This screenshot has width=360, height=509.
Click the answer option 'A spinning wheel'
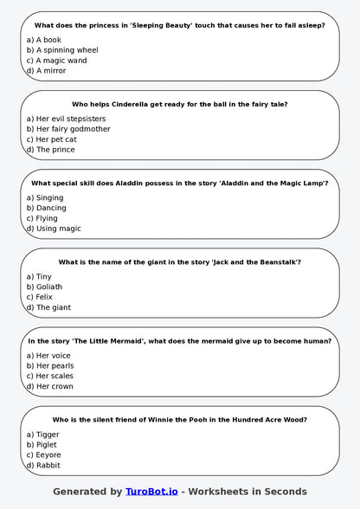[61, 50]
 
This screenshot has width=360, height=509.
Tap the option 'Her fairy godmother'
[67, 129]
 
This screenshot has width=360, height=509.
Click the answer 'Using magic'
[53, 229]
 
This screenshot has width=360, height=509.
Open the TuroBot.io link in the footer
[151, 492]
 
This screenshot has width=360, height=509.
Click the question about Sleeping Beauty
[179, 26]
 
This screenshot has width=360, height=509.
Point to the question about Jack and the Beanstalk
[179, 262]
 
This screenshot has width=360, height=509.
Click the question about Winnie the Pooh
[179, 420]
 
